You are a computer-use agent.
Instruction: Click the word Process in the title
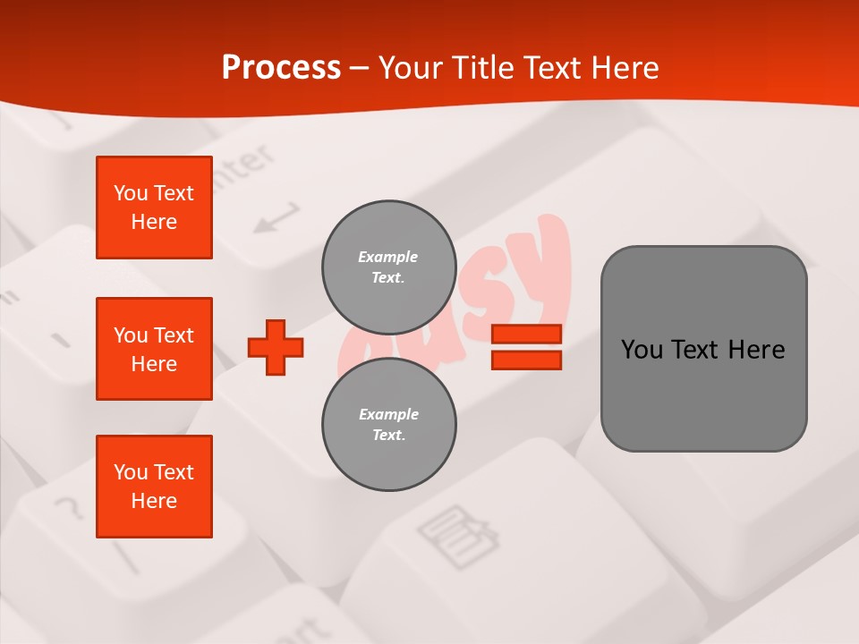(281, 68)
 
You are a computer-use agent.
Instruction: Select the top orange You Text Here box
(154, 208)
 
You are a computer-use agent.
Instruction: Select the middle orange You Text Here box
(154, 349)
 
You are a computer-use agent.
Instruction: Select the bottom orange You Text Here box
(154, 487)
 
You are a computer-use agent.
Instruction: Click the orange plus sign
(276, 347)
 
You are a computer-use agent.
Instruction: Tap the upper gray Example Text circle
(388, 267)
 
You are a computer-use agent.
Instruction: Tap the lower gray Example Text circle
(388, 424)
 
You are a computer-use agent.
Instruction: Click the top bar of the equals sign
(526, 334)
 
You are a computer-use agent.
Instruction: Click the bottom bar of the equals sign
(526, 360)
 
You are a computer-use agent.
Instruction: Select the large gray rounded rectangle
(703, 349)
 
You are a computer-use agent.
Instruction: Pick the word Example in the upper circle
(387, 257)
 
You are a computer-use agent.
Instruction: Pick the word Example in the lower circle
(388, 414)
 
